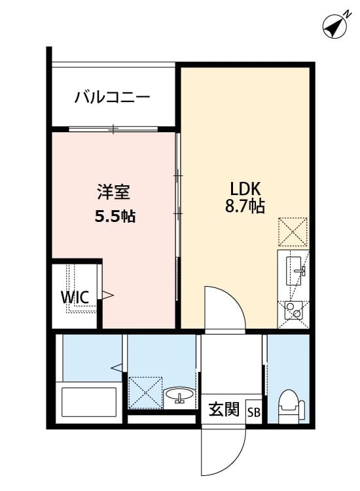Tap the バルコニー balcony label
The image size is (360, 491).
(x=113, y=98)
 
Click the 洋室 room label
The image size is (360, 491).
(x=114, y=192)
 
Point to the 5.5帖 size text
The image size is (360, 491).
(x=115, y=217)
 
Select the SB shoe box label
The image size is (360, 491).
(x=253, y=412)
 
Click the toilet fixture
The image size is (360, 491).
(x=288, y=405)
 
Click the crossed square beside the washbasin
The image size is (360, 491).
(x=144, y=391)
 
